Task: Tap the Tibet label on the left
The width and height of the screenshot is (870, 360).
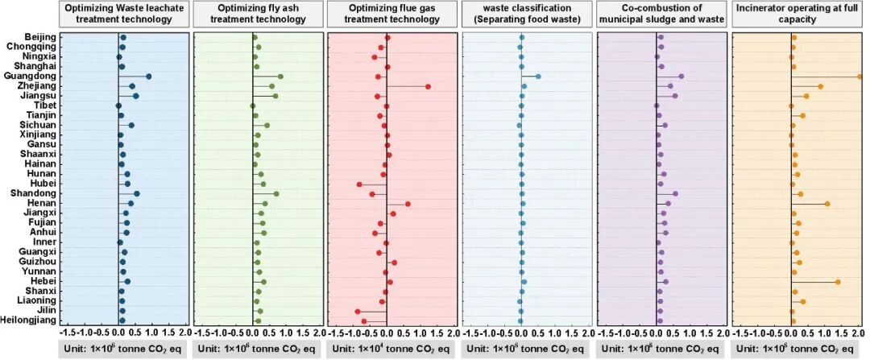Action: [x=44, y=106]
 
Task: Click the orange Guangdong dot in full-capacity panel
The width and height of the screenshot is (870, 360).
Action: [x=860, y=77]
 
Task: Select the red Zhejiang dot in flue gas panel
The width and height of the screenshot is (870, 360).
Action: [x=428, y=86]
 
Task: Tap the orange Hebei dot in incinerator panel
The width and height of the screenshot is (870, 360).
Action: [x=838, y=282]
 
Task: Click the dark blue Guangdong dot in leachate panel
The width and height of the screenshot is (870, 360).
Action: [x=149, y=77]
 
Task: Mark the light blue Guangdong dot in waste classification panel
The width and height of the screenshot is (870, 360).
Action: [x=538, y=77]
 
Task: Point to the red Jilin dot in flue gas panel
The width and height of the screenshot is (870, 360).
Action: [x=358, y=311]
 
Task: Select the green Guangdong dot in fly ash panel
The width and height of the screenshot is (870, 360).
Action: [x=280, y=77]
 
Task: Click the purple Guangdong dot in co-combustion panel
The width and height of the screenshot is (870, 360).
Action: [x=681, y=77]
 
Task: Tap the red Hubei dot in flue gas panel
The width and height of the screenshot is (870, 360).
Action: [x=359, y=184]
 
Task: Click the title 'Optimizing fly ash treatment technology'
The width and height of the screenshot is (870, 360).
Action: [x=258, y=13]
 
